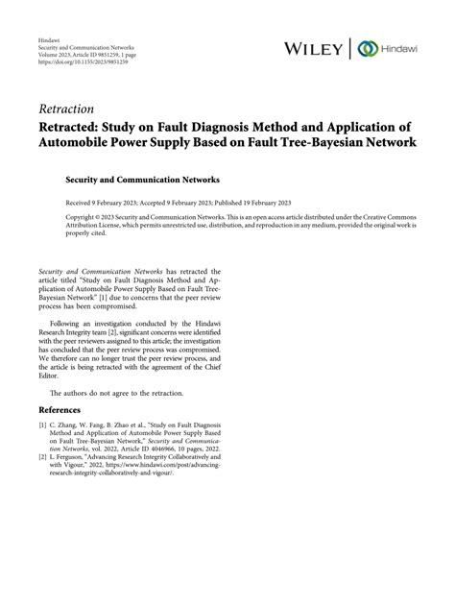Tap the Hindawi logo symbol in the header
(367, 48)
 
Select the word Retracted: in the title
(76, 126)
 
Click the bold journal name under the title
(155, 179)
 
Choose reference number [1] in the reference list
(43, 450)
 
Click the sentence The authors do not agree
(110, 420)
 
